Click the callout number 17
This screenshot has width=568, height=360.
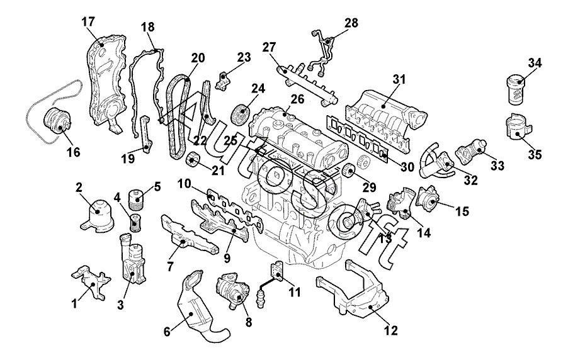point(88,22)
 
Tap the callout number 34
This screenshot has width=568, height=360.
point(535,63)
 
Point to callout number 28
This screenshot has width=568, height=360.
point(351,23)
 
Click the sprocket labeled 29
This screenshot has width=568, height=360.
point(346,171)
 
